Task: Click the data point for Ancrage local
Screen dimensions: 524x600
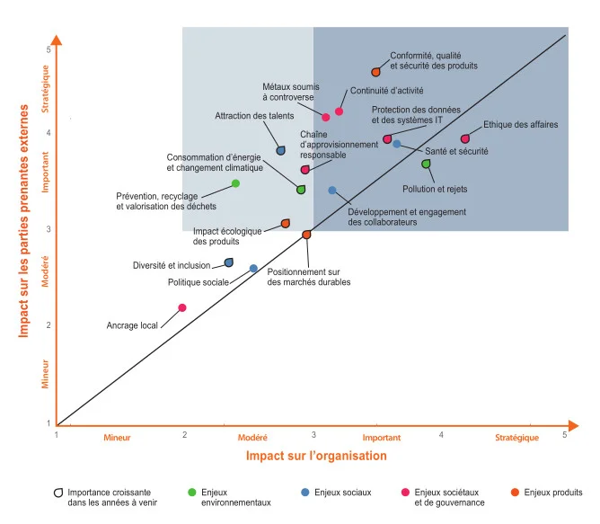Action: pyautogui.click(x=182, y=307)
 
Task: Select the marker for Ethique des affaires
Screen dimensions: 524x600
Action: pyautogui.click(x=465, y=138)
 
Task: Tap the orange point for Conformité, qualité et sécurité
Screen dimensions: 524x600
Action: pyautogui.click(x=376, y=71)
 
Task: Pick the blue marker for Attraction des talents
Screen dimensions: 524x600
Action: pyautogui.click(x=280, y=150)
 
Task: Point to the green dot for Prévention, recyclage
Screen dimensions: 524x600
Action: pyautogui.click(x=235, y=183)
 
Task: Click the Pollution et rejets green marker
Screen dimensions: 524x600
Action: pyautogui.click(x=427, y=164)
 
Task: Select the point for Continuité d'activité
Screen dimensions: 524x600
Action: pyautogui.click(x=340, y=111)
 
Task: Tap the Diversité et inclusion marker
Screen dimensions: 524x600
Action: pyautogui.click(x=228, y=262)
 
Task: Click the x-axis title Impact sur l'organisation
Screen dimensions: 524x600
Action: pyautogui.click(x=316, y=456)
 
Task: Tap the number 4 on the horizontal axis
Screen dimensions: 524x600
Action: pyautogui.click(x=442, y=435)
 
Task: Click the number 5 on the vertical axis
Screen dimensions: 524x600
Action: pyautogui.click(x=48, y=49)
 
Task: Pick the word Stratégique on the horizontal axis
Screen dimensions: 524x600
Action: pyautogui.click(x=516, y=438)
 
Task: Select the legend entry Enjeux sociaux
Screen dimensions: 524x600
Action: pyautogui.click(x=341, y=493)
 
